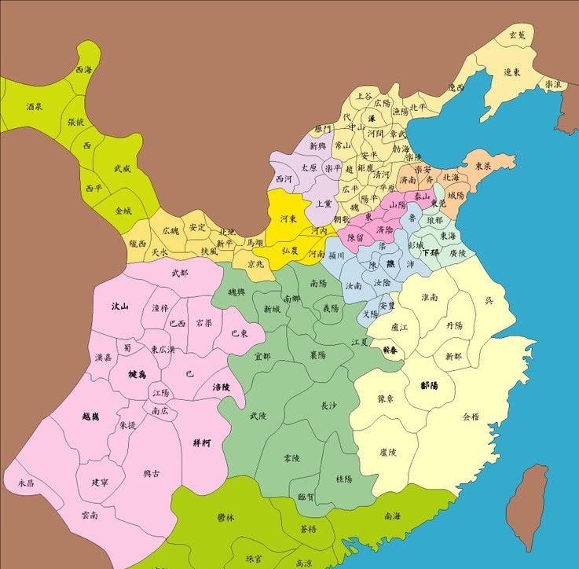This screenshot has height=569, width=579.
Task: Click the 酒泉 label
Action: (x=34, y=106)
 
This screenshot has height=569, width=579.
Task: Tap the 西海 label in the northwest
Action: (x=84, y=71)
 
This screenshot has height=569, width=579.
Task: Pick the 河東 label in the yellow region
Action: (x=289, y=219)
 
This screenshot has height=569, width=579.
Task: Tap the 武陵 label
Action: (x=258, y=416)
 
